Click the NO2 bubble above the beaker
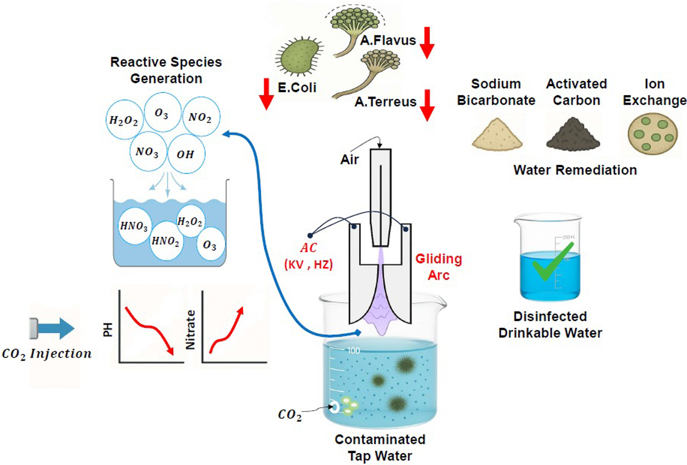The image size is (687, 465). pos(201,117)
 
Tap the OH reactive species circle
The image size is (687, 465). pos(186,154)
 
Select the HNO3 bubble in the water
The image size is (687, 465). pos(135,226)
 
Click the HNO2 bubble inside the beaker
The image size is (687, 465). pos(166,241)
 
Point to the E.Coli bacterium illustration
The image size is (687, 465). pos(299,56)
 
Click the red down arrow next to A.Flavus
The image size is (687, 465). pos(427,43)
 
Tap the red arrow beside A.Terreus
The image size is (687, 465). pos(427,105)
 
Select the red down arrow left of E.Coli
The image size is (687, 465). pos(266,94)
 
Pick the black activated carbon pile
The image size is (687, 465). pos(573,135)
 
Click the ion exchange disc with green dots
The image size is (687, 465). pos(653,134)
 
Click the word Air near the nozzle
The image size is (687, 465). pos(350,159)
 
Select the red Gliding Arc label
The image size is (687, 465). pos(439,267)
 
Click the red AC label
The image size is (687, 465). pos(308,248)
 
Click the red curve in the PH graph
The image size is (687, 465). pos(149,326)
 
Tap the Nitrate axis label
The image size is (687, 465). pos(191,330)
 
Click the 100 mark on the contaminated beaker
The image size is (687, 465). pos(354,350)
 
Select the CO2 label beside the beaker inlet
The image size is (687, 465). pos(289,415)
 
